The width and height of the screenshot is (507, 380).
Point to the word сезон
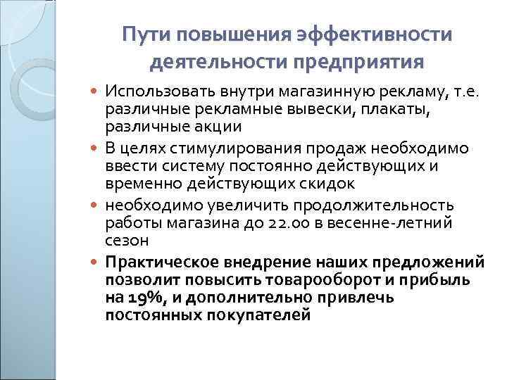126,241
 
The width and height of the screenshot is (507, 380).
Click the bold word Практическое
162,262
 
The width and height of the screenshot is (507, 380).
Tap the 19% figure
146,298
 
